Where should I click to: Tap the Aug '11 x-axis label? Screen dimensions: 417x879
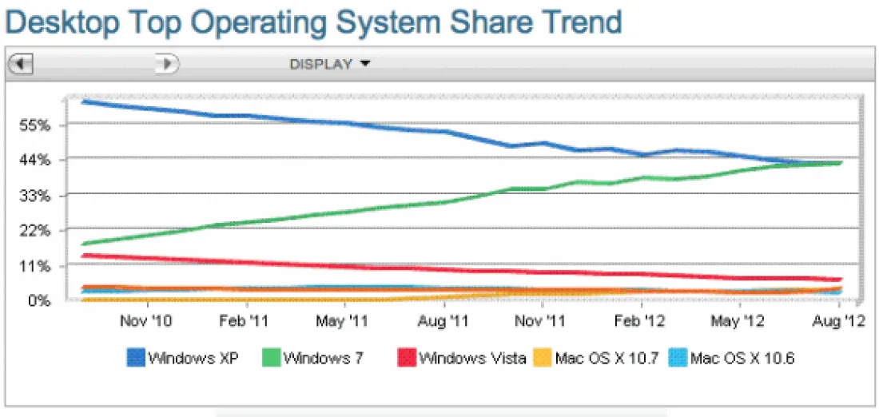coord(443,321)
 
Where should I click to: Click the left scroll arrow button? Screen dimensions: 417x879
coord(20,64)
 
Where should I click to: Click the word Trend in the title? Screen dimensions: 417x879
coord(578,22)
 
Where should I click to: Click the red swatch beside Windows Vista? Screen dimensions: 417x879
coord(406,358)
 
